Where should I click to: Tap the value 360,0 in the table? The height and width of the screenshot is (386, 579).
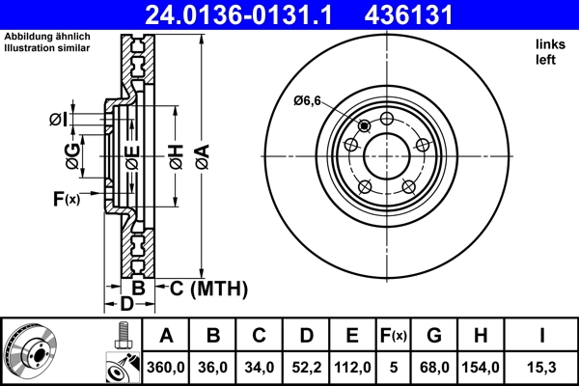click(x=166, y=368)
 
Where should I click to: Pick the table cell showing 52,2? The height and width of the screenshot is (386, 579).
click(x=305, y=368)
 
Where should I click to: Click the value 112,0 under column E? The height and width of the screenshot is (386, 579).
click(x=353, y=368)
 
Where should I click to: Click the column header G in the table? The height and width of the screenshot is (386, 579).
click(x=434, y=336)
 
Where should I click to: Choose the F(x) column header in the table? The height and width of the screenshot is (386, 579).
click(x=394, y=336)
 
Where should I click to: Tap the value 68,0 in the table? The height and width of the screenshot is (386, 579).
click(x=434, y=368)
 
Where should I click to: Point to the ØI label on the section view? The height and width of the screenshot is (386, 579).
click(x=58, y=119)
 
